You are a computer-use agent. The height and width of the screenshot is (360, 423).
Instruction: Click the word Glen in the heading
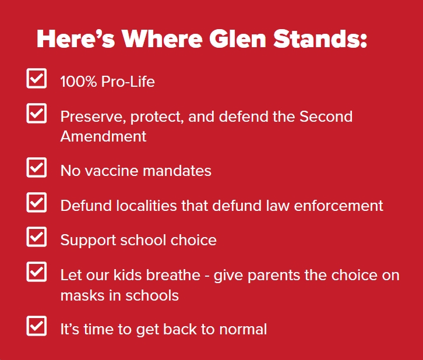[237, 38]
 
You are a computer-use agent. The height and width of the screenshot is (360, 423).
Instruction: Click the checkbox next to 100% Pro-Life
[37, 78]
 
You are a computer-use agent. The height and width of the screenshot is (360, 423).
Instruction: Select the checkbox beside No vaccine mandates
[37, 167]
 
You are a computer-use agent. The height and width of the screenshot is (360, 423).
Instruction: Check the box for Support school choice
[37, 237]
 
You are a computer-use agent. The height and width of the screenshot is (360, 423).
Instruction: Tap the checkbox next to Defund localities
[37, 202]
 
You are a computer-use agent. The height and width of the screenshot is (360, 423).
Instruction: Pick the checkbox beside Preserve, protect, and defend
[37, 113]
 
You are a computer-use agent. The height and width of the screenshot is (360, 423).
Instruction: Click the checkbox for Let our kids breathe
[37, 272]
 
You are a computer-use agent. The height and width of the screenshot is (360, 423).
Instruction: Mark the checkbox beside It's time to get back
[37, 326]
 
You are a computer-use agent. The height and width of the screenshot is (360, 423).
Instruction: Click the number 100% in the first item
[79, 82]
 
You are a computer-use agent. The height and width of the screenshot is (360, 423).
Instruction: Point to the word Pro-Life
[128, 82]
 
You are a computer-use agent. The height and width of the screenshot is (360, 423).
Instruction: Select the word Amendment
[103, 136]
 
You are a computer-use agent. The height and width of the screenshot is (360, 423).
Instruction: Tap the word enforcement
[339, 206]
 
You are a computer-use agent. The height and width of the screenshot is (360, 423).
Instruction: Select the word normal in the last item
[243, 329]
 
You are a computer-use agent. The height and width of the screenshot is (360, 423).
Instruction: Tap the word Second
[326, 117]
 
